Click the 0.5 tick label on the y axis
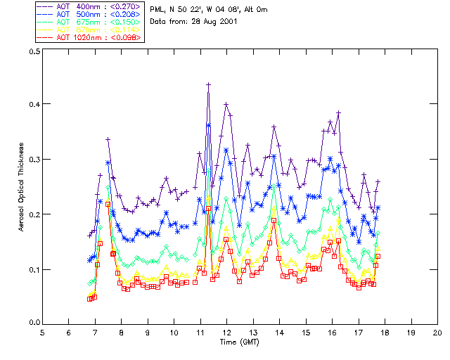pyautogui.click(x=34, y=52)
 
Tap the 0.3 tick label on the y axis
pyautogui.click(x=34, y=160)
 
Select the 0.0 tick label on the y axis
pyautogui.click(x=34, y=323)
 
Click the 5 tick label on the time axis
pyautogui.click(x=42, y=332)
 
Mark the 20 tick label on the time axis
pyautogui.click(x=437, y=332)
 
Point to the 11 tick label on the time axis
pyautogui.click(x=200, y=332)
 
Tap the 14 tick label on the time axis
pyautogui.click(x=279, y=332)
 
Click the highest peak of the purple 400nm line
pyautogui.click(x=209, y=84)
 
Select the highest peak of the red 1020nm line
pyautogui.click(x=209, y=209)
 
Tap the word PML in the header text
pyautogui.click(x=157, y=9)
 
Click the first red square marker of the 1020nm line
pyautogui.click(x=90, y=299)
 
